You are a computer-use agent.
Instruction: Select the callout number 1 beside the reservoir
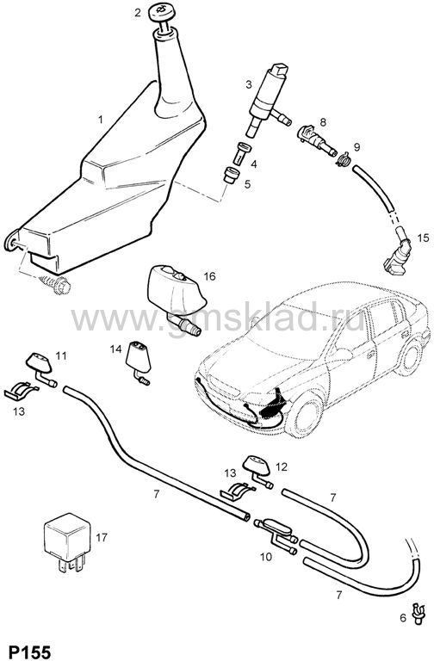tap(101, 120)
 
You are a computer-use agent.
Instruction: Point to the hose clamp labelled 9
tap(344, 159)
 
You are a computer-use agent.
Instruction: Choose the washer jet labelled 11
tap(41, 368)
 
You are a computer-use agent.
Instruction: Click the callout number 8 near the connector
tap(323, 122)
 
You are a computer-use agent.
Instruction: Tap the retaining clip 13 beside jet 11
tap(21, 391)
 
